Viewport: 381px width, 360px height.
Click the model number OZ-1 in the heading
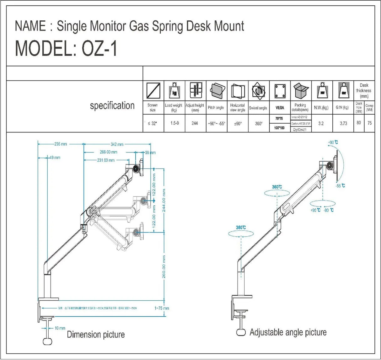[x=99, y=49]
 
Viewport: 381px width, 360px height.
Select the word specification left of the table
[x=112, y=106]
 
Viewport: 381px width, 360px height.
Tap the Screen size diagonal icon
[x=153, y=91]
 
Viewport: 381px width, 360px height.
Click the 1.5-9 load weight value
[x=174, y=123]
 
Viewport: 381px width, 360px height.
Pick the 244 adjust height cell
[x=195, y=123]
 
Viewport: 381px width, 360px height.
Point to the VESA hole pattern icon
[x=280, y=91]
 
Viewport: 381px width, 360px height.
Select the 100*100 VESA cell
[x=279, y=128]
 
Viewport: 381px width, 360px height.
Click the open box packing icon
[x=301, y=90]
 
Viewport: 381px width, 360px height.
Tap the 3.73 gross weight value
[x=343, y=123]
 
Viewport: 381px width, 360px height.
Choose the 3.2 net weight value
[x=321, y=123]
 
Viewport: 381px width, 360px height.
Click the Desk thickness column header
[x=364, y=90]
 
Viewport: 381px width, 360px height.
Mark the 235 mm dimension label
[x=61, y=144]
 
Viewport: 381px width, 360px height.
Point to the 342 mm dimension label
[x=117, y=144]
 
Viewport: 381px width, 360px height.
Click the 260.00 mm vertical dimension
[x=164, y=267]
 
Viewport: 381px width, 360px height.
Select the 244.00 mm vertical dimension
[x=164, y=201]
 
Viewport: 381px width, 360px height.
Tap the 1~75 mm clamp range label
[x=161, y=308]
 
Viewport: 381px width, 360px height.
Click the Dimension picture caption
[x=96, y=335]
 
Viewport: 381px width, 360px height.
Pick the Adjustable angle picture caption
[x=288, y=332]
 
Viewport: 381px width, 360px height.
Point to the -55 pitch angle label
[x=340, y=186]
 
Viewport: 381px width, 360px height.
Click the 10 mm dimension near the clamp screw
[x=60, y=328]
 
